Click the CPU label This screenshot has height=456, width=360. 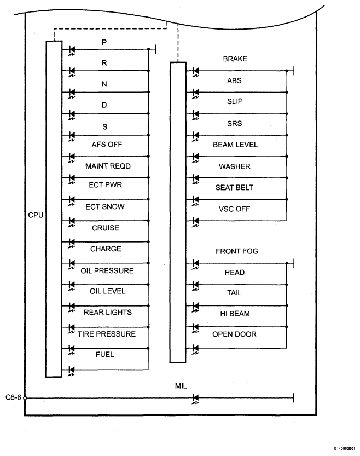pyautogui.click(x=36, y=215)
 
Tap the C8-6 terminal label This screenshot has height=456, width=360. pyautogui.click(x=13, y=397)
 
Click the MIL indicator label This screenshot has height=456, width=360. pyautogui.click(x=181, y=386)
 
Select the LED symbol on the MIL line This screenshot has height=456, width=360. pyautogui.click(x=195, y=399)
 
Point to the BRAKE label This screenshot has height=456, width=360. pyautogui.click(x=235, y=59)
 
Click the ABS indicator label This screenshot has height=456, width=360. pyautogui.click(x=234, y=80)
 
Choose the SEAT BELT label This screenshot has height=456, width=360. pyautogui.click(x=234, y=188)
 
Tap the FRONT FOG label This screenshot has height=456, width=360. pyautogui.click(x=236, y=251)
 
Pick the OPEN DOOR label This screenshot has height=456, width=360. pyautogui.click(x=234, y=334)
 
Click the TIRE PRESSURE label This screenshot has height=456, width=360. pyautogui.click(x=106, y=334)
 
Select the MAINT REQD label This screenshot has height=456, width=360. pyautogui.click(x=108, y=166)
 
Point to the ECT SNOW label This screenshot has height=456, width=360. pyautogui.click(x=105, y=206)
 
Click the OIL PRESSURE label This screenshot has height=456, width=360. pyautogui.click(x=107, y=270)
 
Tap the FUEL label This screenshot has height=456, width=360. pyautogui.click(x=104, y=354)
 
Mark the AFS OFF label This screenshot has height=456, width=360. pyautogui.click(x=107, y=145)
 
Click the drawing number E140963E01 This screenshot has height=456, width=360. pyautogui.click(x=344, y=449)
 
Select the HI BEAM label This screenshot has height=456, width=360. pyautogui.click(x=235, y=314)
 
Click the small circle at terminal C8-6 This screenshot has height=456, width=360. pyautogui.click(x=25, y=398)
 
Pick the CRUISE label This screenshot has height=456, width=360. pyautogui.click(x=106, y=228)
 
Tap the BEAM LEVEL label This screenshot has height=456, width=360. pyautogui.click(x=235, y=145)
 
